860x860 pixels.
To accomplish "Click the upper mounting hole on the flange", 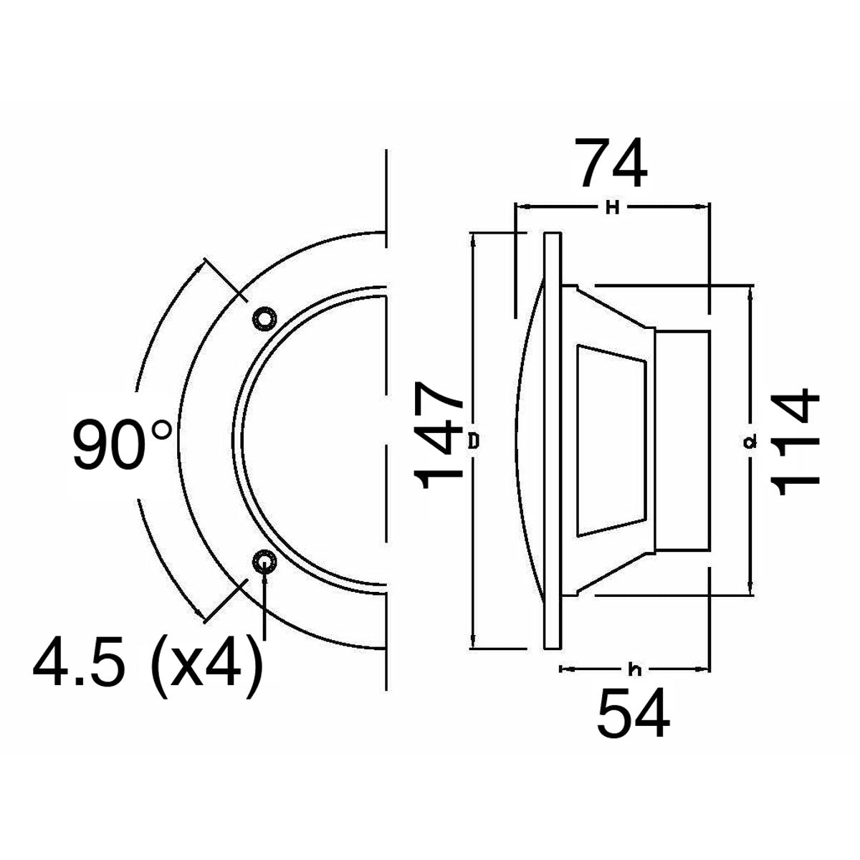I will pos(263,317).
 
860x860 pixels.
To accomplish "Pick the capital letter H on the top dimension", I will pos(612,208).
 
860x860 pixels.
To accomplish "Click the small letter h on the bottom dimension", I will pos(634,670).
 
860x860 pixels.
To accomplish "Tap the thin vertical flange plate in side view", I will pos(553,441).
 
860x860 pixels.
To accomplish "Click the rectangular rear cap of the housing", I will pos(682,440).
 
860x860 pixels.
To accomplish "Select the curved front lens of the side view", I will pos(528,441).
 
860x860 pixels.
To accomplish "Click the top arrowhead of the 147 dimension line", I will pos(474,238).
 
